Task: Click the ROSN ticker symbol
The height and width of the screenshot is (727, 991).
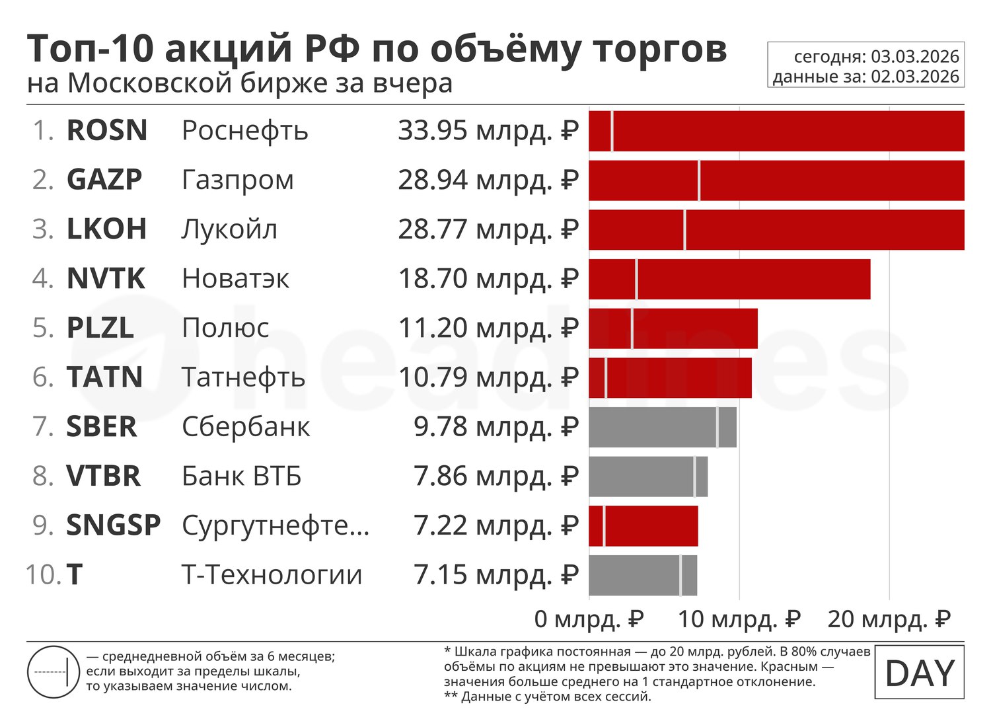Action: pos(106,131)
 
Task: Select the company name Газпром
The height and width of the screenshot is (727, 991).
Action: pos(237,180)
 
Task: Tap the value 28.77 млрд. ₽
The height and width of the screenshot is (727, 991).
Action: pos(488,229)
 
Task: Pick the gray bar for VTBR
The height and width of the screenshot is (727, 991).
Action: pos(647,477)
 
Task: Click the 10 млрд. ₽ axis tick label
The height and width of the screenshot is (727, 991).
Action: pos(739,619)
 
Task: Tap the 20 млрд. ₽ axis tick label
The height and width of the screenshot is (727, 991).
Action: pos(889,619)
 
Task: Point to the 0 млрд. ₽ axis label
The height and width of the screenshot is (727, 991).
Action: pos(589,619)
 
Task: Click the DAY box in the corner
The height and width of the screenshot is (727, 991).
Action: pos(919,673)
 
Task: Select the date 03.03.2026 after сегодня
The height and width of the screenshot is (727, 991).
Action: pos(914,57)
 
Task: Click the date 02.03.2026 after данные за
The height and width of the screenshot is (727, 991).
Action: pos(914,77)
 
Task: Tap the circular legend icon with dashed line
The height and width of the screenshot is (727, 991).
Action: pos(54,672)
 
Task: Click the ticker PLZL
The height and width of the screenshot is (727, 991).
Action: pos(100,328)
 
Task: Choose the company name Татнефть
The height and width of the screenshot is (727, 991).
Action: pos(243,377)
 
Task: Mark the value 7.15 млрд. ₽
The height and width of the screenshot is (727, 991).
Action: pos(495,575)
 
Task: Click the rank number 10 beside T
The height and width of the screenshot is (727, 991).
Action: pos(42,575)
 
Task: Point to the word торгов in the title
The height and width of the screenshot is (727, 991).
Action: pos(661,50)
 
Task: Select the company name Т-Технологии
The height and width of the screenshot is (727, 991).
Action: pos(272,575)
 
